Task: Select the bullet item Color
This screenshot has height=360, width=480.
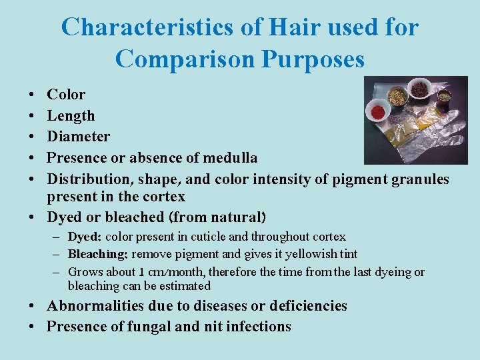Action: coord(66,95)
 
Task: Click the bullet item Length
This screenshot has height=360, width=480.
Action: coord(71,116)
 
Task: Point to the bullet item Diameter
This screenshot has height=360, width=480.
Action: coord(78,137)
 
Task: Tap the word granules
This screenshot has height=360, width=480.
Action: coord(417,179)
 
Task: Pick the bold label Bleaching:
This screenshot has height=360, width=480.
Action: coord(99,254)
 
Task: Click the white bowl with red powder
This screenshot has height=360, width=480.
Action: coord(379,109)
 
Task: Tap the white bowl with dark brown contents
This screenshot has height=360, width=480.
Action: coord(419,88)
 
